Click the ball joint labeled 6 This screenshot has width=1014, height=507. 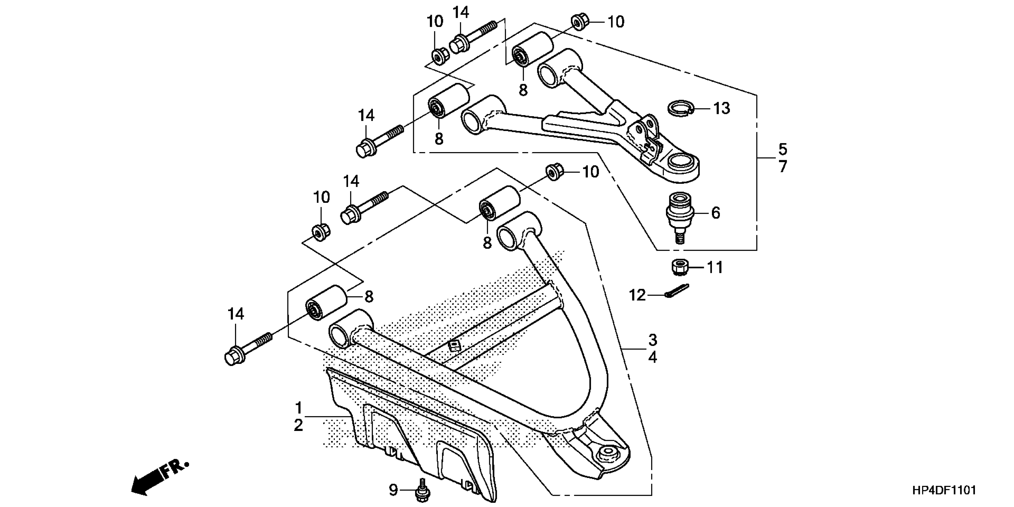click(x=678, y=214)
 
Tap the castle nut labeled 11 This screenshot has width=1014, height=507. click(x=679, y=267)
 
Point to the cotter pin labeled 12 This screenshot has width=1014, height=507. click(x=676, y=291)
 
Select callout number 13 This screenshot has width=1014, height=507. click(x=721, y=108)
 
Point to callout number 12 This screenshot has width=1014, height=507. click(x=637, y=295)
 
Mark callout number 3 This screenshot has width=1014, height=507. click(x=653, y=339)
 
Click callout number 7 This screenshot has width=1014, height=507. click(x=783, y=167)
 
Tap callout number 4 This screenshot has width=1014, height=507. click(x=653, y=357)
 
